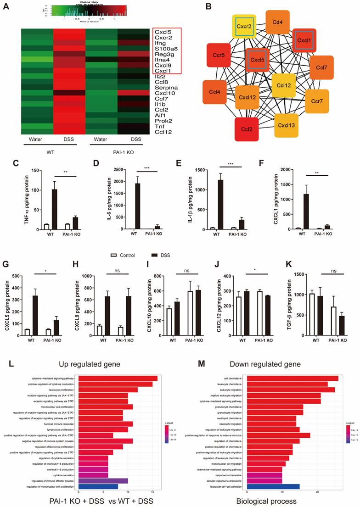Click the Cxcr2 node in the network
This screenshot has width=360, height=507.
coord(244,27)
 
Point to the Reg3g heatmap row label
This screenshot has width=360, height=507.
coord(162,54)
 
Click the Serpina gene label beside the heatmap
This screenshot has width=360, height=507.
coord(164,87)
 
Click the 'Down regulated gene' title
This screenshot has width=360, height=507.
coord(275,363)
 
